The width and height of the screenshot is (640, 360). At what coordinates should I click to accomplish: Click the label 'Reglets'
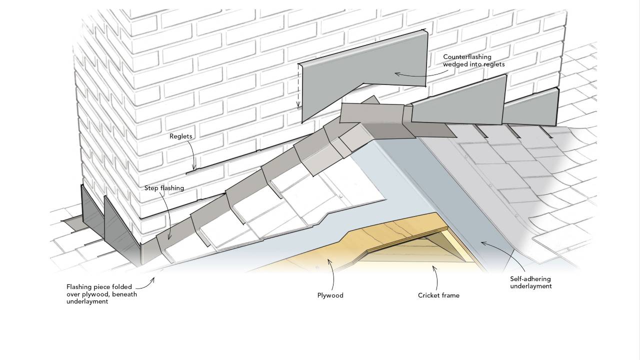180,136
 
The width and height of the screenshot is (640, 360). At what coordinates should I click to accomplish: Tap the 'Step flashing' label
164,188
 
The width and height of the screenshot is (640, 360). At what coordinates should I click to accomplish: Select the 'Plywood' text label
330,295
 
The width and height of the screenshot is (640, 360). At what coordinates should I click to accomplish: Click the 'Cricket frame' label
438,295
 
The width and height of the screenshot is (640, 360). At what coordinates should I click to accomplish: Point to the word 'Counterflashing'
467,57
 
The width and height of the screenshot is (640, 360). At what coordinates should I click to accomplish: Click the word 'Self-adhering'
530,279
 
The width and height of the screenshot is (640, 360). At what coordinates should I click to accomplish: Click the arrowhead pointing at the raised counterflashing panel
396,74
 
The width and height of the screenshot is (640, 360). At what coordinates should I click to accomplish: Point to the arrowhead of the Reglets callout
194,169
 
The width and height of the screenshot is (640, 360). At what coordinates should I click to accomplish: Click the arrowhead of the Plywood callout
329,259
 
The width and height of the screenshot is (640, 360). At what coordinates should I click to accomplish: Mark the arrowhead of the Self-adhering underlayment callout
482,243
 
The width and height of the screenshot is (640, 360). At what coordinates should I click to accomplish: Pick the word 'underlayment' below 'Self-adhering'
530,286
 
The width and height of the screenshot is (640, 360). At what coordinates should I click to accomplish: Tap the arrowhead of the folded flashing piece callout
153,278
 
